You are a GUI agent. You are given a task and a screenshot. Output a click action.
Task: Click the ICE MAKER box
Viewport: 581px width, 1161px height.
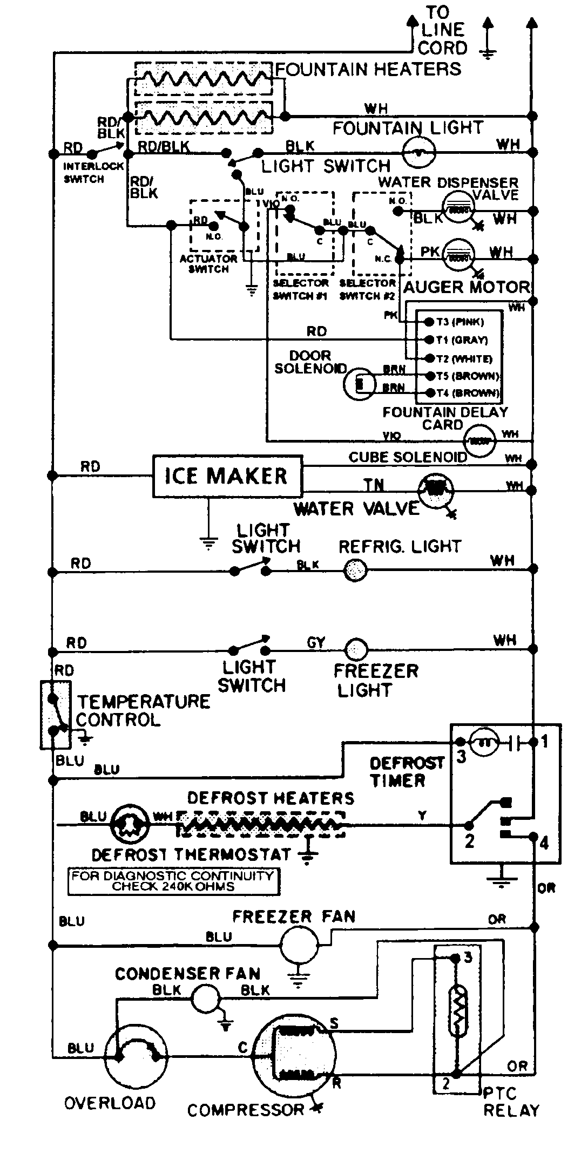pyautogui.click(x=227, y=476)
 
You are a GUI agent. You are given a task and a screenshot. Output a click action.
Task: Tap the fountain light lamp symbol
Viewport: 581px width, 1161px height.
pyautogui.click(x=420, y=153)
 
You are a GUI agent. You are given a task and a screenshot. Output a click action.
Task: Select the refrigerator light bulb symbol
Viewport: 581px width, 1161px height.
pyautogui.click(x=356, y=569)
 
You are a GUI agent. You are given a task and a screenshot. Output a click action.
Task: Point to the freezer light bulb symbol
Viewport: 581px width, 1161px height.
pyautogui.click(x=356, y=649)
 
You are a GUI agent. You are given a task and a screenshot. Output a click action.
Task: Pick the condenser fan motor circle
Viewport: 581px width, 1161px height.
pyautogui.click(x=206, y=996)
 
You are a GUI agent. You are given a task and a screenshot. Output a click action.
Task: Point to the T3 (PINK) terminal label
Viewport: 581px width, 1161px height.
pyautogui.click(x=461, y=322)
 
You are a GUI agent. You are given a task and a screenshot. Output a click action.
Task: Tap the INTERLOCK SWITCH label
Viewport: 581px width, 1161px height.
pyautogui.click(x=86, y=173)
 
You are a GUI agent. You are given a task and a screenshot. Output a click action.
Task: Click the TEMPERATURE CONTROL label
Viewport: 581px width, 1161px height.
pyautogui.click(x=143, y=710)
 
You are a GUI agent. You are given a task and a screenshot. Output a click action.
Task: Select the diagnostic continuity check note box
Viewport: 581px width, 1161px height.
pyautogui.click(x=173, y=881)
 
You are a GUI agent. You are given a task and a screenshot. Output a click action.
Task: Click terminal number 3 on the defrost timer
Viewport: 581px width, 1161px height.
pyautogui.click(x=461, y=757)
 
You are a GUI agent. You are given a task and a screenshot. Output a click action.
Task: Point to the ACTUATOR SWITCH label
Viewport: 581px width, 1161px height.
pyautogui.click(x=208, y=263)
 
